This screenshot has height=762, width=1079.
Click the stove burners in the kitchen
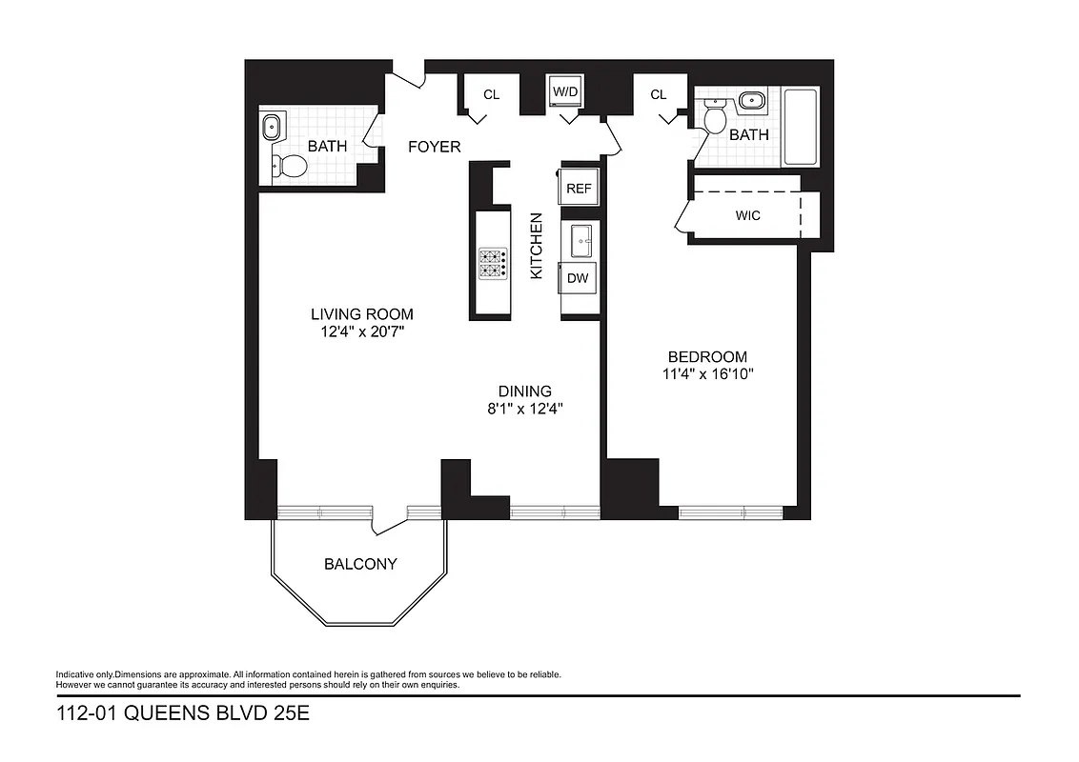(493, 263)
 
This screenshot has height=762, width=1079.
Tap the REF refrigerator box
(579, 189)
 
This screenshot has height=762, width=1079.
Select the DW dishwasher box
(578, 278)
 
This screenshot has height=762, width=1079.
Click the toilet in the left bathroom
(289, 168)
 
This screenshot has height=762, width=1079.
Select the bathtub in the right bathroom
(800, 128)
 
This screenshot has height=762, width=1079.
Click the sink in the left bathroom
(272, 125)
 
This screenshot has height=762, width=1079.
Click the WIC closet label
(748, 215)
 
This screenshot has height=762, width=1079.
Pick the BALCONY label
(360, 564)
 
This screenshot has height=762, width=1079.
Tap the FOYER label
(435, 147)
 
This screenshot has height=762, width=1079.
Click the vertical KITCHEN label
(536, 246)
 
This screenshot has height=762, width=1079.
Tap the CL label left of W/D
(492, 94)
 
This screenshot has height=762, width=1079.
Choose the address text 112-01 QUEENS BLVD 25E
(183, 714)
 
